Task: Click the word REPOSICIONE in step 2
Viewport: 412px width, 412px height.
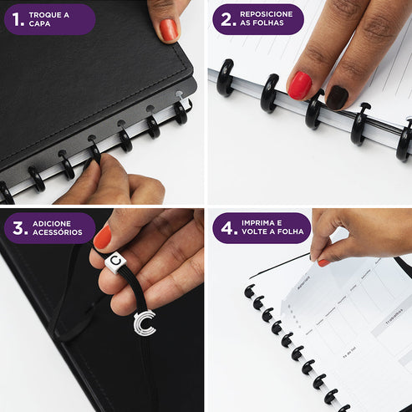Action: (x=267, y=14)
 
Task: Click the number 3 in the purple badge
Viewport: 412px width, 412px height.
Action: (x=16, y=227)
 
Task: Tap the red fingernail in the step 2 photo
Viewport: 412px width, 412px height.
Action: (x=299, y=84)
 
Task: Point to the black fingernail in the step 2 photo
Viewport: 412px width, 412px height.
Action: (x=337, y=97)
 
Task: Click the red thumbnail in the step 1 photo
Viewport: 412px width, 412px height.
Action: (x=169, y=30)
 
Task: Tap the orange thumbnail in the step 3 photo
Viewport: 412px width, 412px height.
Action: (x=102, y=237)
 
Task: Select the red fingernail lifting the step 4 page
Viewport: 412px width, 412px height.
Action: (x=323, y=262)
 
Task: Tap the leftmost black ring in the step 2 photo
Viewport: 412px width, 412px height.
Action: (x=226, y=76)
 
